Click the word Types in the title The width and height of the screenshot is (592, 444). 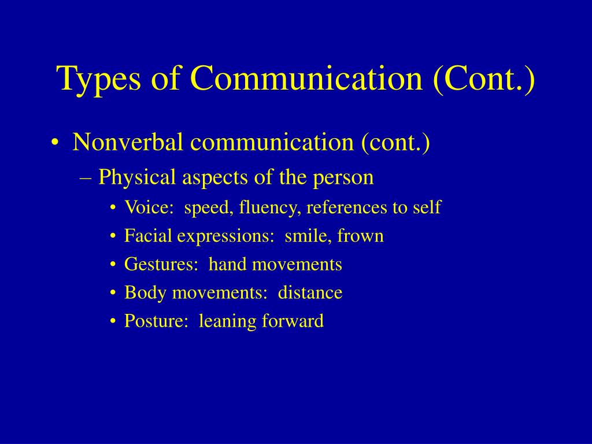[x=99, y=79]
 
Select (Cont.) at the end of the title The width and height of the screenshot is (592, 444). [x=484, y=79]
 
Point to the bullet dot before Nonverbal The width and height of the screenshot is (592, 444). [x=55, y=143]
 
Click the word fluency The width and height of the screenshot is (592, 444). [x=270, y=208]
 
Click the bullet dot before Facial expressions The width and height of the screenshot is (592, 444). [x=113, y=236]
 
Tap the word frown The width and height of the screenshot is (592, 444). [x=361, y=236]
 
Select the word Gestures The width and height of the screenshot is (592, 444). [x=159, y=264]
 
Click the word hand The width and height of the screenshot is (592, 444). [x=227, y=264]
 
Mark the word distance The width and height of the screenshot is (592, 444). [x=310, y=292]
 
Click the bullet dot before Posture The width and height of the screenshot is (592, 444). [x=113, y=321]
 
